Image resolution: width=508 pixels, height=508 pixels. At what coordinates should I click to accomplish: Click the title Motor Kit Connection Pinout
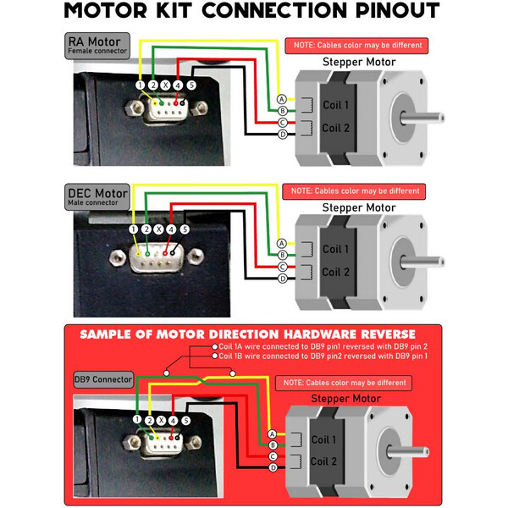(252, 12)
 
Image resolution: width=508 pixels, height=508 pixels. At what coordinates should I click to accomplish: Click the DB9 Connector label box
(103, 378)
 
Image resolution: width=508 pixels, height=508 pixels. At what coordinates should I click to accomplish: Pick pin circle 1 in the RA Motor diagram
(139, 85)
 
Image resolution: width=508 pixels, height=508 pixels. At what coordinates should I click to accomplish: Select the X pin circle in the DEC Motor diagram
(158, 229)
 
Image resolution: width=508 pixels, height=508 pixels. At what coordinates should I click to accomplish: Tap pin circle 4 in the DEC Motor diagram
(171, 229)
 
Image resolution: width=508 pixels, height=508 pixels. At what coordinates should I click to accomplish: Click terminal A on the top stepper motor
(282, 99)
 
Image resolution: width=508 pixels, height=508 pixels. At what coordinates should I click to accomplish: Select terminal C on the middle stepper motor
(282, 267)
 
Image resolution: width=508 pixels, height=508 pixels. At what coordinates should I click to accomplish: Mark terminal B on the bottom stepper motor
(273, 444)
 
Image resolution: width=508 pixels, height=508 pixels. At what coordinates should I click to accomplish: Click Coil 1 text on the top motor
(335, 105)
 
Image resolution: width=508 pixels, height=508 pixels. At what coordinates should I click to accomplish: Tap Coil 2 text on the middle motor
(335, 272)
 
